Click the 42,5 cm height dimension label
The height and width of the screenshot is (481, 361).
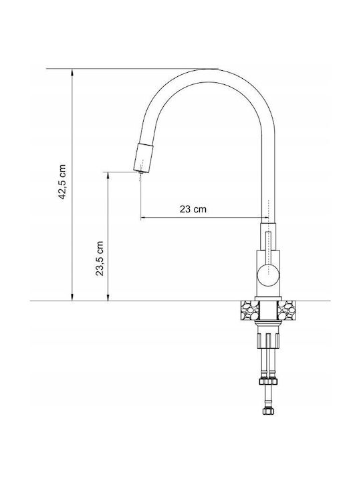pos(62,182)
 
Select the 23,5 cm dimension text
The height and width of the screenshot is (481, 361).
pos(100,259)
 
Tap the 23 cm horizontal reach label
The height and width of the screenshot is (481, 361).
pos(193,209)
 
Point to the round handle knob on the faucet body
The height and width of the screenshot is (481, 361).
pos(268,275)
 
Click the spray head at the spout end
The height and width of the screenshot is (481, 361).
pos(143,157)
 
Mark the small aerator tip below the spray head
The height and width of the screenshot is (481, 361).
pos(141,172)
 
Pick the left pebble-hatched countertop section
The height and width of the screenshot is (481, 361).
pos(250,311)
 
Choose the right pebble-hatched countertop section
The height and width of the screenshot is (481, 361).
pos(287,311)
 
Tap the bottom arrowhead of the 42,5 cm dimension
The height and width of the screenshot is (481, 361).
pos(72,297)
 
